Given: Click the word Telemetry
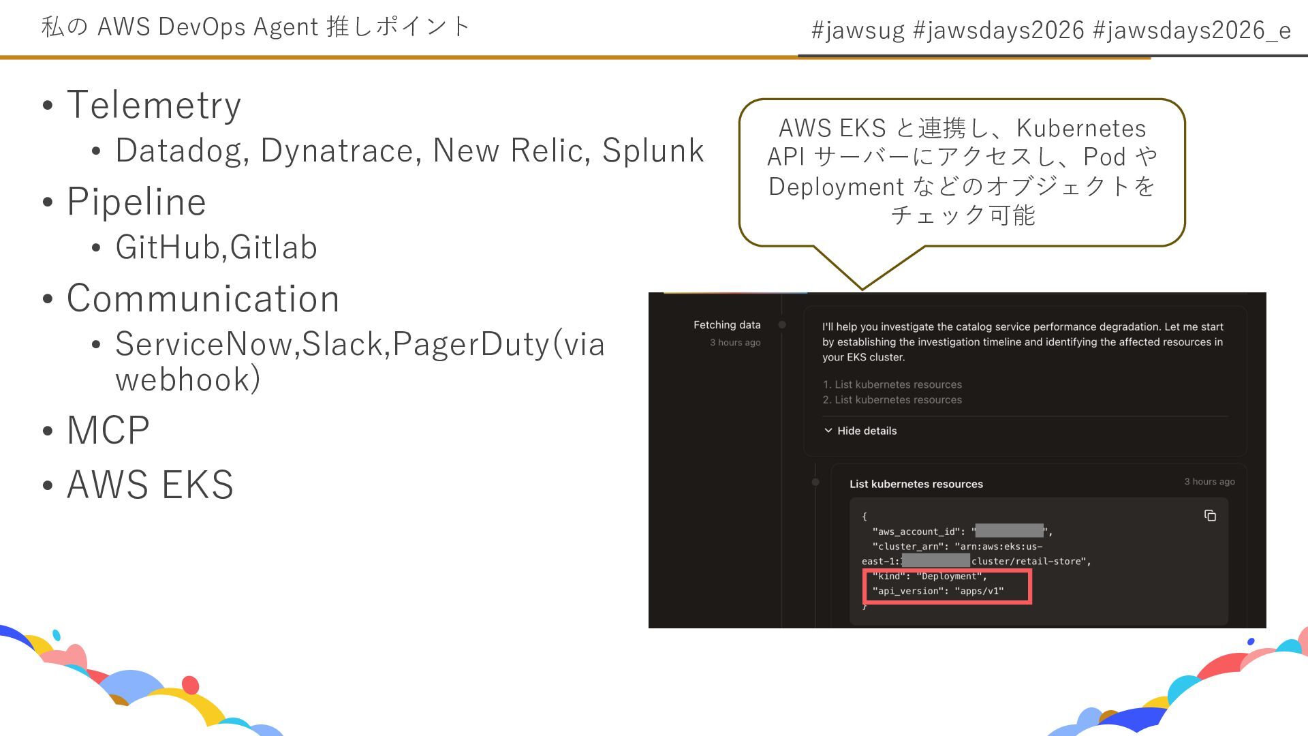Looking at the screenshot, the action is tap(154, 105).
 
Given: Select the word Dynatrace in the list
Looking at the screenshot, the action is tap(337, 151).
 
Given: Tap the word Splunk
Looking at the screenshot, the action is tap(653, 151).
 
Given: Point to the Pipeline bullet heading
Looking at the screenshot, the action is tap(136, 202).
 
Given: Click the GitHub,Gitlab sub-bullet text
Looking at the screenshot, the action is tap(216, 247).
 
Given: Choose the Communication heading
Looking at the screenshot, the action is tap(203, 298).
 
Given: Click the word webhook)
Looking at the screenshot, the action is tap(188, 380).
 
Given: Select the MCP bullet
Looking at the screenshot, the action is tap(108, 430).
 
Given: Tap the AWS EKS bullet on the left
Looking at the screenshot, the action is tap(150, 485).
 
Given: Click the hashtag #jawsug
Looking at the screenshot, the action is tap(858, 31).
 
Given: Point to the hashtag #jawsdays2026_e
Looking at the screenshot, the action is tap(1192, 31).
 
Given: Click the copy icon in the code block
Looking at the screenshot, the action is tap(1210, 516).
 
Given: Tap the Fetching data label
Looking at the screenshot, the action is tap(726, 325).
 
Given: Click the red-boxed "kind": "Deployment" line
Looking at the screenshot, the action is tap(929, 577).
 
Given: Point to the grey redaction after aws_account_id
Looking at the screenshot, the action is tap(1009, 531).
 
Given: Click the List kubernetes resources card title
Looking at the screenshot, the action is tap(916, 484).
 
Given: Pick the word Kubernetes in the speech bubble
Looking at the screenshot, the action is tap(1081, 128).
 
